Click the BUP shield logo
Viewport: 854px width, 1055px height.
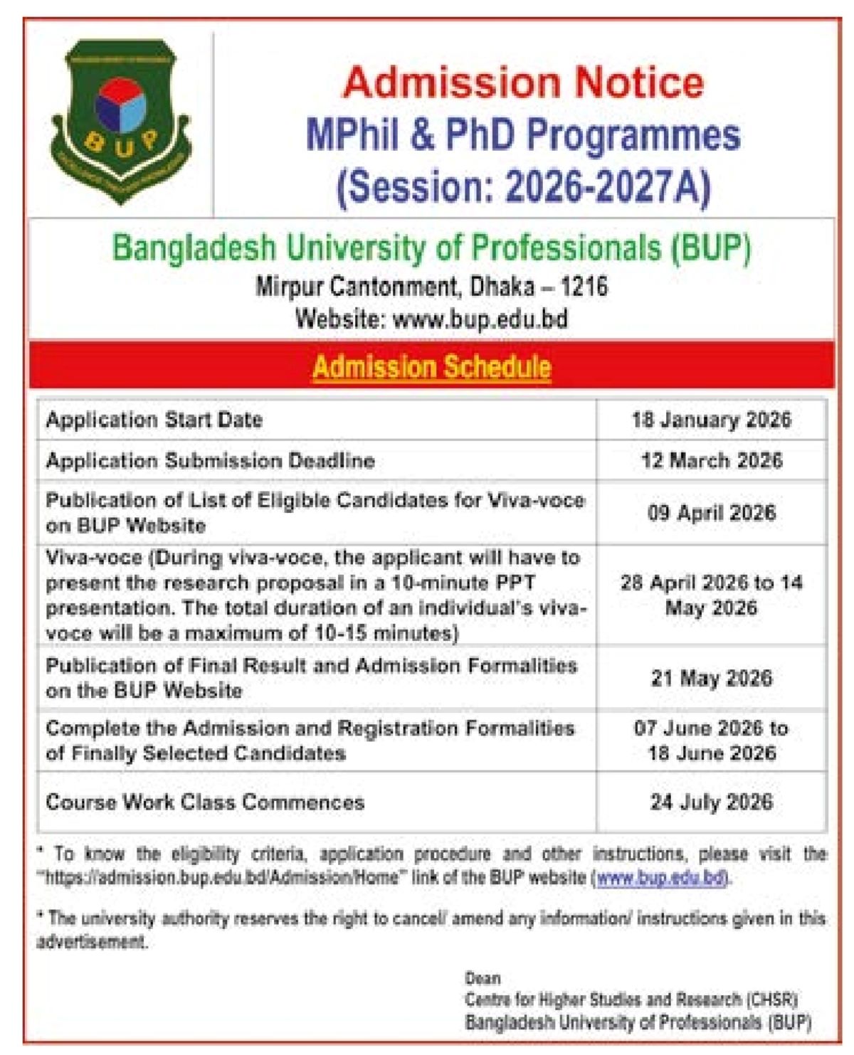120,121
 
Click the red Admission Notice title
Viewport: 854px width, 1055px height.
523,82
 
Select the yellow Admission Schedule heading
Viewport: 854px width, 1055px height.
432,367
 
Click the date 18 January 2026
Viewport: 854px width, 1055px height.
711,420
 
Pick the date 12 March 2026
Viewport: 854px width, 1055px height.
711,460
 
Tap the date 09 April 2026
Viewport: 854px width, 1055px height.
711,513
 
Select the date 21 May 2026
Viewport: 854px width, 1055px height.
711,678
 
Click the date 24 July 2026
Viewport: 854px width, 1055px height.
711,802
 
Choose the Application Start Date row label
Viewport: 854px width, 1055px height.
154,420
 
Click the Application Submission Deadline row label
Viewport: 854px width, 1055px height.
210,461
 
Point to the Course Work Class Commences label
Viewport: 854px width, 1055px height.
205,802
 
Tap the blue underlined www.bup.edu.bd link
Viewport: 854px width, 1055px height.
660,878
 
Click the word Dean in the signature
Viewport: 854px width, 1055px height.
483,978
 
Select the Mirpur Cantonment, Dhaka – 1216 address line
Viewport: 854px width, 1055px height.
432,287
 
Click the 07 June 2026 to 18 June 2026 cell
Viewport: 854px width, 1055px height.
711,741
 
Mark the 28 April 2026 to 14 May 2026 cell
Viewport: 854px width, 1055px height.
711,595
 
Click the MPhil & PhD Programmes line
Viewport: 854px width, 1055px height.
523,135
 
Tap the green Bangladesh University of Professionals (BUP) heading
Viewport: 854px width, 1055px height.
432,248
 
